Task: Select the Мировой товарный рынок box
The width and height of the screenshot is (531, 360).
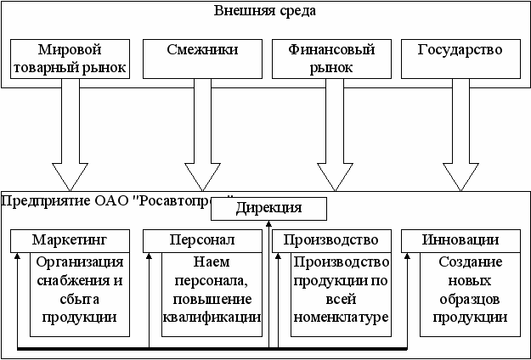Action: click(x=71, y=59)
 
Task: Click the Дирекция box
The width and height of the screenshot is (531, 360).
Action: click(x=268, y=207)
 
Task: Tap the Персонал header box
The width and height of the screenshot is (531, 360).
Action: click(x=201, y=239)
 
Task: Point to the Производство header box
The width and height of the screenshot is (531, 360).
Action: click(x=331, y=239)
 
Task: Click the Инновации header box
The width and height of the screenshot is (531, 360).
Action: click(x=460, y=239)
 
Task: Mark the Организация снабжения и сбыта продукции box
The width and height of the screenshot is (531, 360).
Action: click(x=82, y=290)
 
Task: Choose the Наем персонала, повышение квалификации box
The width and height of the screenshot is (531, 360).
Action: click(x=212, y=290)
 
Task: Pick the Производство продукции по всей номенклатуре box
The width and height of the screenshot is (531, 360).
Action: click(x=342, y=290)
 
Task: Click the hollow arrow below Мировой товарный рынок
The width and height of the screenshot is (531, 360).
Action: click(x=71, y=136)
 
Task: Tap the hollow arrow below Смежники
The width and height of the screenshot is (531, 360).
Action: click(x=201, y=136)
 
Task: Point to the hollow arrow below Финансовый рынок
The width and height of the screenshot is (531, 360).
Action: click(x=331, y=136)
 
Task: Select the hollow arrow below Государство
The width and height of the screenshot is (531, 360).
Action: click(x=460, y=136)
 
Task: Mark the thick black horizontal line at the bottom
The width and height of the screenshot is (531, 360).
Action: click(x=212, y=348)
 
